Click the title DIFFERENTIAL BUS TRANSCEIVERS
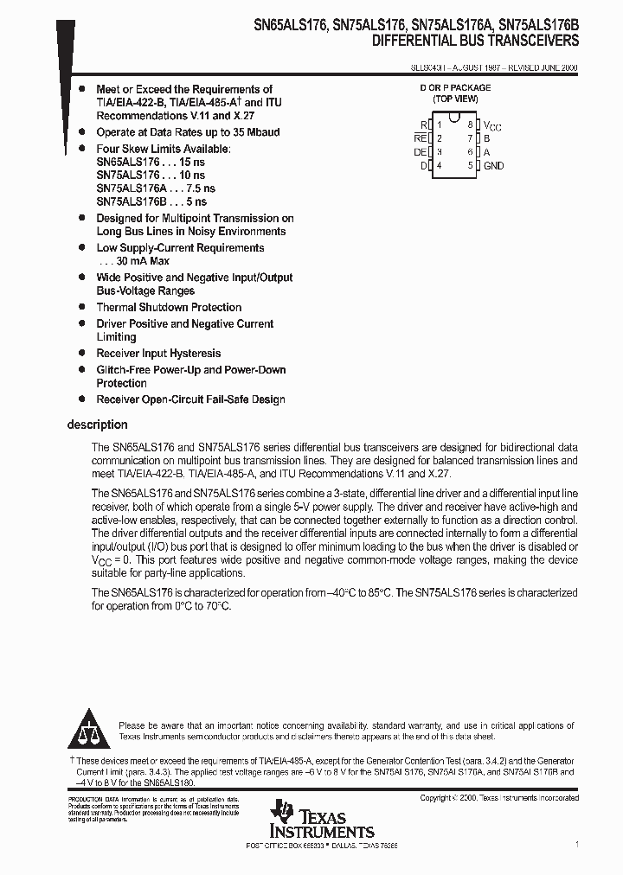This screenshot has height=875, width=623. pos(475,42)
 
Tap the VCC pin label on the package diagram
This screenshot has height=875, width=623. pos(491,125)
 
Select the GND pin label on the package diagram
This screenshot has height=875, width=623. pos(493,165)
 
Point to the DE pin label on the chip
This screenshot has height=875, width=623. pos(421,152)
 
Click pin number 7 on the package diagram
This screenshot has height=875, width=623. pos(470,138)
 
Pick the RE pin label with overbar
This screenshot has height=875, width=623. pos(421,138)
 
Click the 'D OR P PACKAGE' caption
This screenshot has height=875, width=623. pos(455,88)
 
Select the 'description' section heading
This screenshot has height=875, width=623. pos(97,425)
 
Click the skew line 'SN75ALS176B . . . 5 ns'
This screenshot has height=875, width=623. pos(151,201)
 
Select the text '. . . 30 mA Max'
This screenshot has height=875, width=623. pos(133,261)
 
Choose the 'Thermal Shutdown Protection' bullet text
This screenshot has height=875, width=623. pos(169,307)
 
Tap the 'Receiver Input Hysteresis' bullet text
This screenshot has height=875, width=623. pos(158,353)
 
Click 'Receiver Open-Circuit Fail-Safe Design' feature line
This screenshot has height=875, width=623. pos(190,399)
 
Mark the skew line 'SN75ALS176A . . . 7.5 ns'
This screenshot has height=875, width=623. pos(156,188)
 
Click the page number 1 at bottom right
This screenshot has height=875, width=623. pos(576,843)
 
